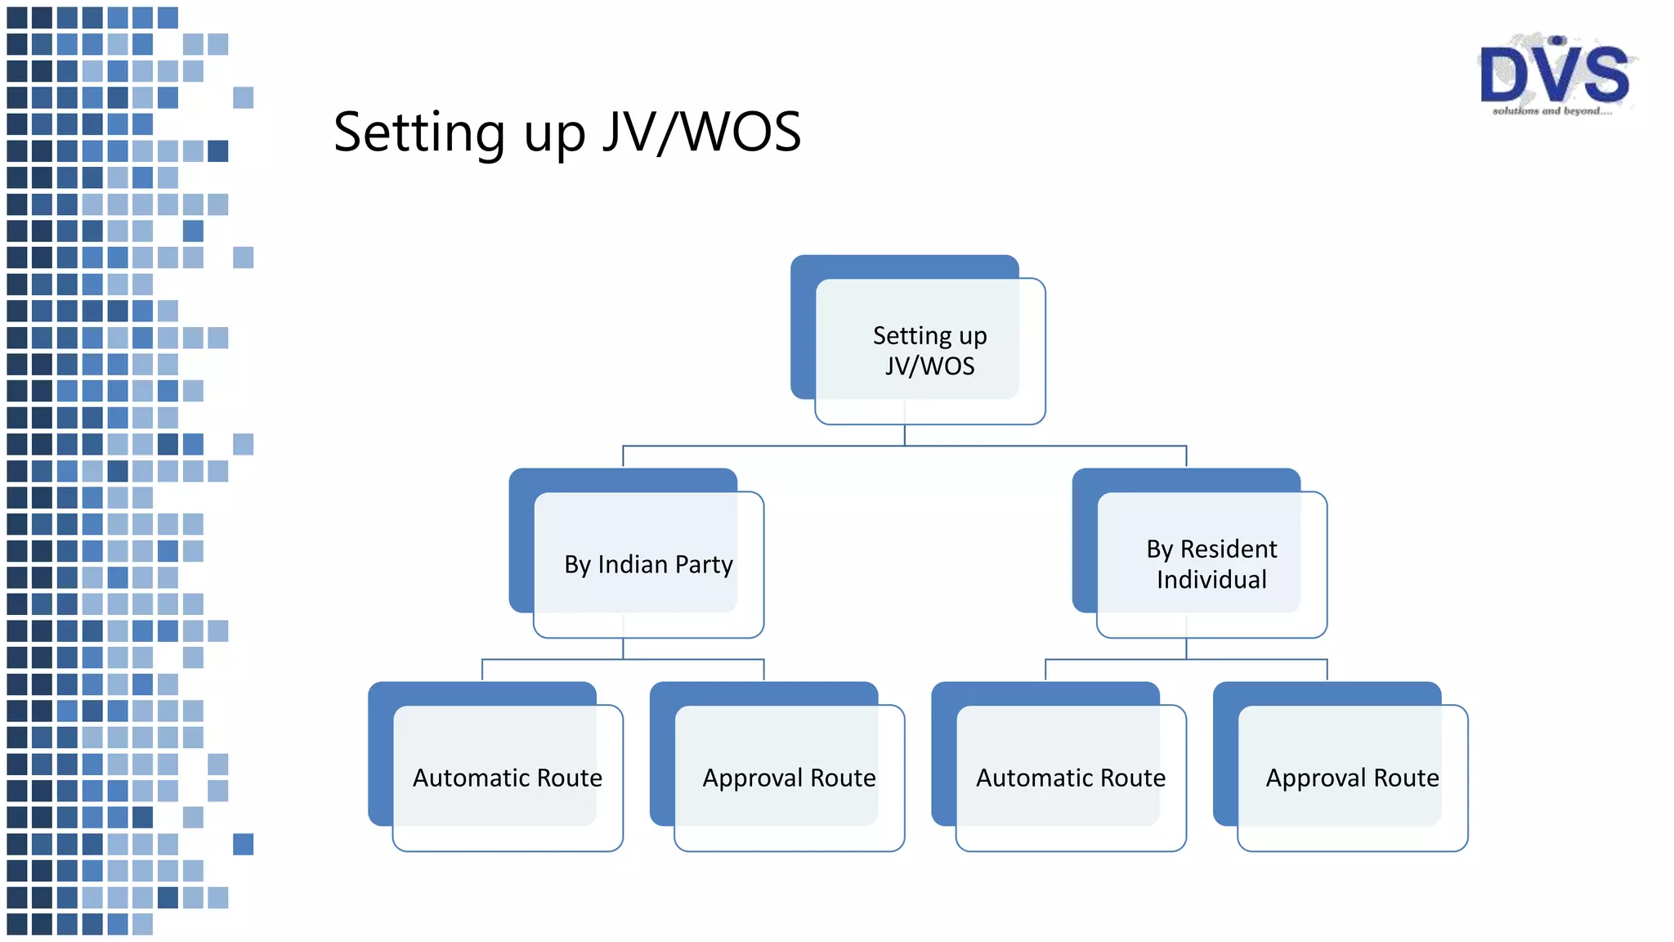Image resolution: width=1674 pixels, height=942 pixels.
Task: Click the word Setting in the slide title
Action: [419, 133]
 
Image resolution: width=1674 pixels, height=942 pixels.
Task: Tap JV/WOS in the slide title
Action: [701, 132]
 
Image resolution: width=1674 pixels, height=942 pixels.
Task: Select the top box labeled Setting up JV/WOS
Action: [929, 351]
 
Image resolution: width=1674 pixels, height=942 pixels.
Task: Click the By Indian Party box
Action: [648, 564]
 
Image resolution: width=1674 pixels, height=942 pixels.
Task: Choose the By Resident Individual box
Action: [1211, 564]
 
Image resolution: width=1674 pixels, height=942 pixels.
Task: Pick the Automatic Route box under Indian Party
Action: [507, 778]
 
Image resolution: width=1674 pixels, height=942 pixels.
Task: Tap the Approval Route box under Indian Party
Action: [789, 778]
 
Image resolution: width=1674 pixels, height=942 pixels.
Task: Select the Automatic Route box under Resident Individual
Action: [1070, 778]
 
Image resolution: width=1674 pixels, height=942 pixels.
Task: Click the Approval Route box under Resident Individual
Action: [1352, 778]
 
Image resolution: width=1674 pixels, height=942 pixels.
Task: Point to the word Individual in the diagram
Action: [1211, 580]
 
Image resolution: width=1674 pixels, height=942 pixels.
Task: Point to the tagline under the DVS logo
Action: [1551, 110]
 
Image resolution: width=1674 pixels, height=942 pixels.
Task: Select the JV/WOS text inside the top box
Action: [929, 366]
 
